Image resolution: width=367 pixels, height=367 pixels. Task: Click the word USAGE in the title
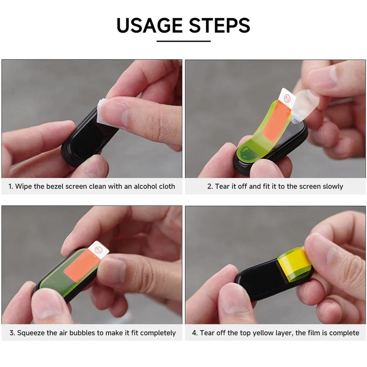[x=149, y=25]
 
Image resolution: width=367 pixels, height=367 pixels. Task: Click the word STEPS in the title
[x=220, y=25]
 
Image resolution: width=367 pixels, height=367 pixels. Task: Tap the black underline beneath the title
[x=183, y=41]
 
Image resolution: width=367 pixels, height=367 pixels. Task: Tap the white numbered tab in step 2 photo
[x=287, y=99]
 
